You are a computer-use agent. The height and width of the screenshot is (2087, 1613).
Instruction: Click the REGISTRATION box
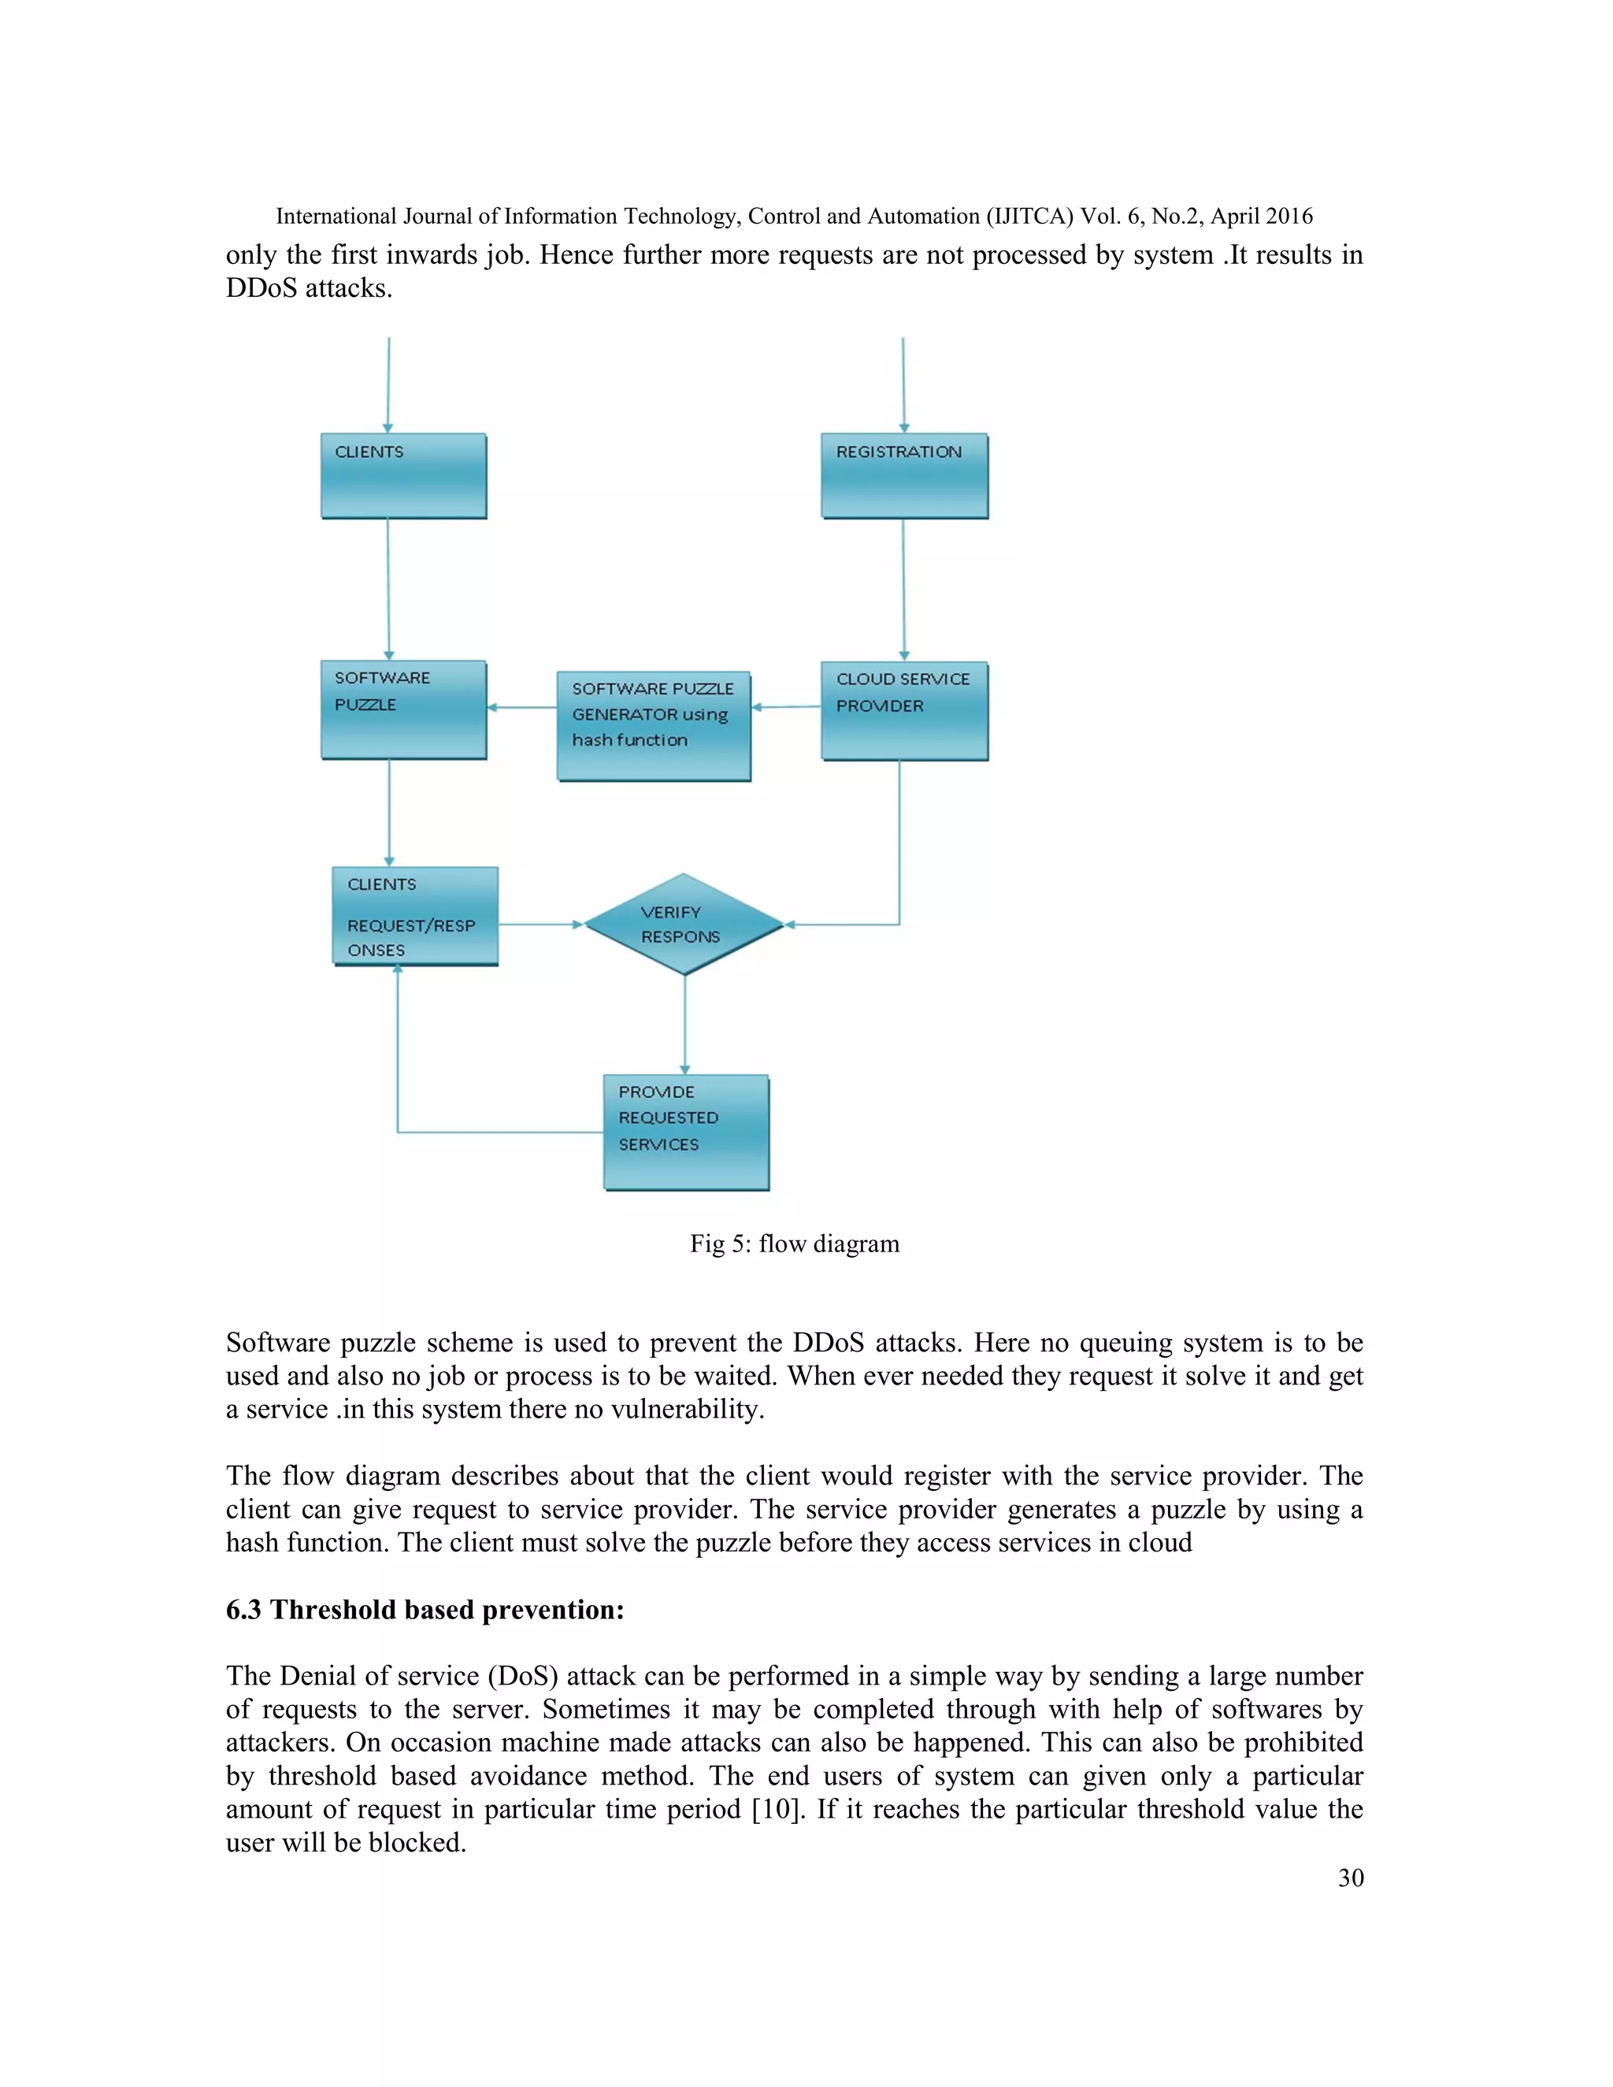tap(904, 476)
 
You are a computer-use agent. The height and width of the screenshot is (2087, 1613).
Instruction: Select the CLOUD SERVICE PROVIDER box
tap(904, 711)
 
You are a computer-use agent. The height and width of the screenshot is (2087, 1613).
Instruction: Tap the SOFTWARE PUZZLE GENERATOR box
tap(654, 726)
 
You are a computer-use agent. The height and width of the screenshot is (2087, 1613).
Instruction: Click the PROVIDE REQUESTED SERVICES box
tap(686, 1132)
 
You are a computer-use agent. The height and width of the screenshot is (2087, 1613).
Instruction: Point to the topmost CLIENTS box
tap(403, 476)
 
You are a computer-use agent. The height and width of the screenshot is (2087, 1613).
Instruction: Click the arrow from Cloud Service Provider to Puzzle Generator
tap(787, 707)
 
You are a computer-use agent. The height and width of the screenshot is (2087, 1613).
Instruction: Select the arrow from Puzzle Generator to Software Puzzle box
tap(521, 707)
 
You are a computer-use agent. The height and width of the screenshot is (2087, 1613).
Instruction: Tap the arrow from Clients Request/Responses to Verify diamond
tap(540, 924)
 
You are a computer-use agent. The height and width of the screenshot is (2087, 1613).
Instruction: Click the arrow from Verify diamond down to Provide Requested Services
tap(684, 1025)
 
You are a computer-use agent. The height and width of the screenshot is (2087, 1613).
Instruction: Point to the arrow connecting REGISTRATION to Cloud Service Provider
tap(904, 590)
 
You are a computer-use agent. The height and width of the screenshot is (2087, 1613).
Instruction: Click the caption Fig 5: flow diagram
tap(794, 1244)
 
